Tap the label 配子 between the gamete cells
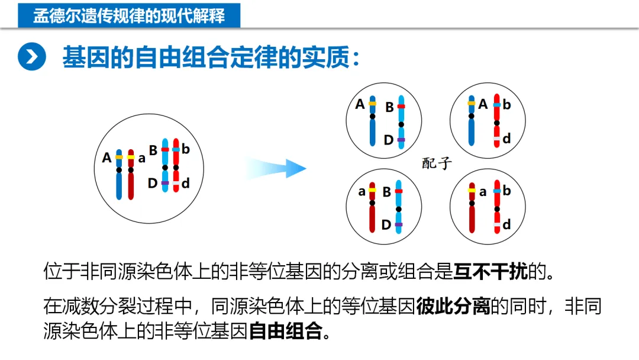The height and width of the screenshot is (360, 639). (x=437, y=163)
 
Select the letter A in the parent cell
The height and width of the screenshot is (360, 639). (x=106, y=158)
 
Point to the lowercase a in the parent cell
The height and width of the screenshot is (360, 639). (x=142, y=158)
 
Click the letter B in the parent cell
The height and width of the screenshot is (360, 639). (x=153, y=150)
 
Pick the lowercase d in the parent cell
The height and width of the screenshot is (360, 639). (x=186, y=184)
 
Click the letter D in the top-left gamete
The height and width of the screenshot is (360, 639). (x=388, y=140)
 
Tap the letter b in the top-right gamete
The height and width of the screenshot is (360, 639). (x=506, y=105)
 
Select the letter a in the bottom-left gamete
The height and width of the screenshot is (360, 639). (x=362, y=191)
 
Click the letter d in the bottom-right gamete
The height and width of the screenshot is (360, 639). (x=506, y=225)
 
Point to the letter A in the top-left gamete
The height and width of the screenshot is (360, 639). (x=360, y=104)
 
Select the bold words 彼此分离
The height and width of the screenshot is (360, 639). (x=453, y=306)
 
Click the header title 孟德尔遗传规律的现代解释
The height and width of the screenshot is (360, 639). (x=129, y=15)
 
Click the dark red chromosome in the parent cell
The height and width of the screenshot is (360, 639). (x=131, y=175)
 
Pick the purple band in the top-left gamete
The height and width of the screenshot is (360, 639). (x=401, y=140)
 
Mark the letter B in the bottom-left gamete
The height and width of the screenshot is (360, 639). (x=386, y=192)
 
